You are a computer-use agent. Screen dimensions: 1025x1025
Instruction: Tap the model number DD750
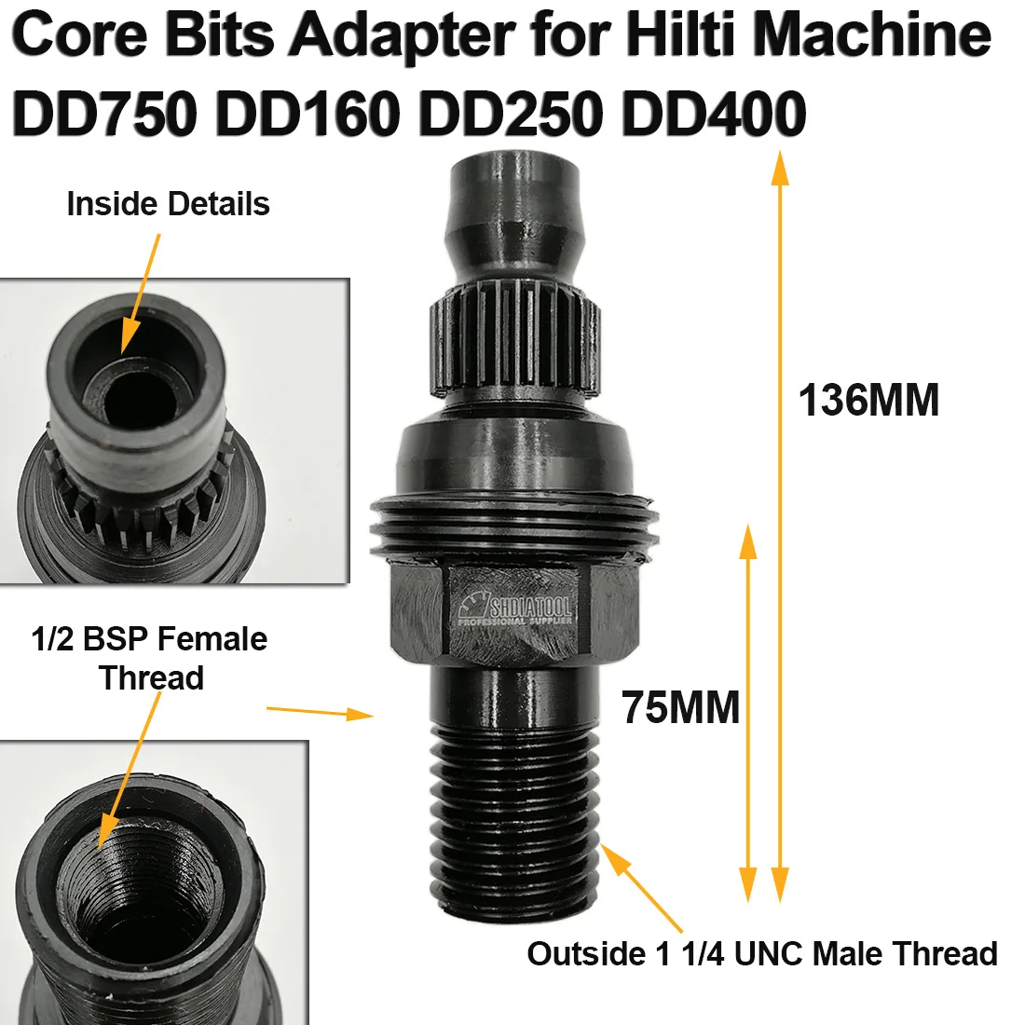pyautogui.click(x=104, y=116)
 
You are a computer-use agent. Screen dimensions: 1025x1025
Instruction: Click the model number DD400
pyautogui.click(x=714, y=116)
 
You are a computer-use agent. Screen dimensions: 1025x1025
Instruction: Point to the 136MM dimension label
pyautogui.click(x=868, y=402)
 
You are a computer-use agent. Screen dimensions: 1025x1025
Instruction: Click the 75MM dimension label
pyautogui.click(x=681, y=708)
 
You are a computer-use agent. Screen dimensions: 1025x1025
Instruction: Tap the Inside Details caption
pyautogui.click(x=169, y=204)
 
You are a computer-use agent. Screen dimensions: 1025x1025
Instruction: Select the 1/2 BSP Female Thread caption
pyautogui.click(x=150, y=658)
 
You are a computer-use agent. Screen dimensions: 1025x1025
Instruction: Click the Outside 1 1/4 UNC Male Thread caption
pyautogui.click(x=762, y=953)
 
